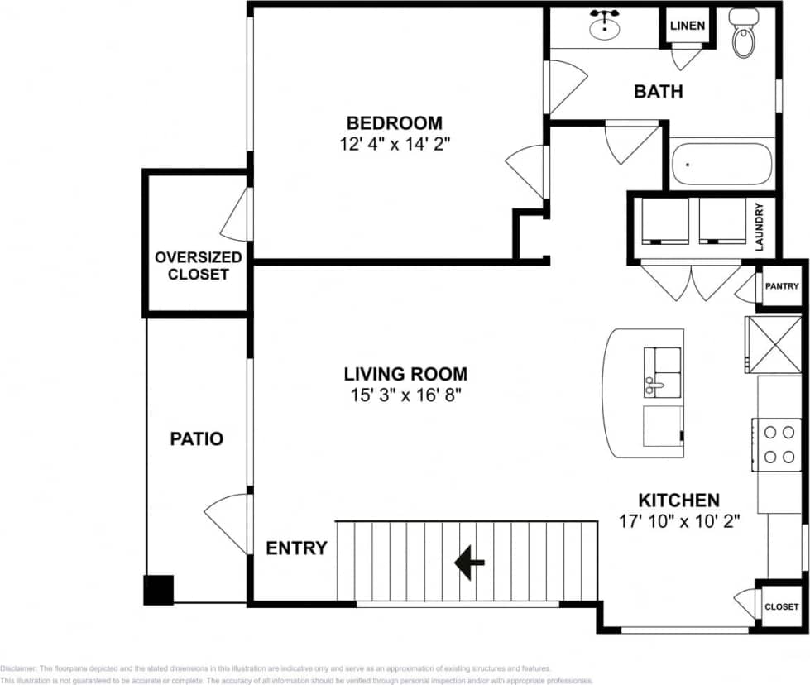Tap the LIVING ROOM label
(x=405, y=374)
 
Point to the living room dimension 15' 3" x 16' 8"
(x=405, y=395)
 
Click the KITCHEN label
(x=678, y=501)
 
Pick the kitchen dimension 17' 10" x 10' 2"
(x=678, y=521)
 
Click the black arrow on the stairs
(x=469, y=563)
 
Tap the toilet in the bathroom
(x=744, y=33)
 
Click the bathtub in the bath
(x=721, y=165)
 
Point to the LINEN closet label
(x=688, y=26)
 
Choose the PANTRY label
(x=782, y=287)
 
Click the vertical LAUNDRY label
(x=759, y=228)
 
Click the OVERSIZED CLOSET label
(x=199, y=266)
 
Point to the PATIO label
(x=197, y=438)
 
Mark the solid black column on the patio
(x=158, y=590)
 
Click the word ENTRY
(x=296, y=548)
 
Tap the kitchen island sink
(x=663, y=373)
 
